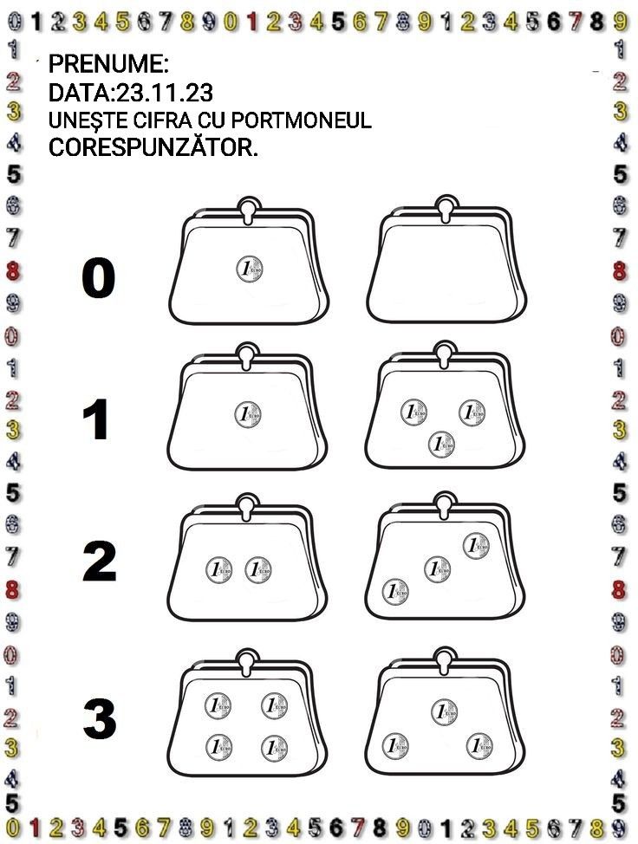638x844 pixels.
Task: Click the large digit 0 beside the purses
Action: [x=98, y=278]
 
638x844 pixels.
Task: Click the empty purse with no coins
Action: [x=446, y=260]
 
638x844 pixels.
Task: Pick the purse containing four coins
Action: [x=248, y=713]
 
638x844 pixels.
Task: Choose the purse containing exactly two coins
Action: [x=248, y=557]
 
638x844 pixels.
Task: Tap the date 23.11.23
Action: [x=165, y=93]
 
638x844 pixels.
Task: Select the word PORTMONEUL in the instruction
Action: [x=301, y=120]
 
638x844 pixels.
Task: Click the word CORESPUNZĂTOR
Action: [x=153, y=147]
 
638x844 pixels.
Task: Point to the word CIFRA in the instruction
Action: [x=166, y=120]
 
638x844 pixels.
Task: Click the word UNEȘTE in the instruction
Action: [x=89, y=120]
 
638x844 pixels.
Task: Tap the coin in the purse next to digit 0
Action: [x=250, y=269]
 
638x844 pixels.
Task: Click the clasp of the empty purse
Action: [x=445, y=209]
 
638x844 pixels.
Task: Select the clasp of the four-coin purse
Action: [x=247, y=663]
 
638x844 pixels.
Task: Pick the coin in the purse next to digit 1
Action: [x=248, y=415]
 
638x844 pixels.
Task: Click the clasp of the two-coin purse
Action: [x=247, y=507]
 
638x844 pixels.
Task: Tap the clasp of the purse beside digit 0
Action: [x=247, y=210]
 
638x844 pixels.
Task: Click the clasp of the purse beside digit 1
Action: [x=247, y=356]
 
